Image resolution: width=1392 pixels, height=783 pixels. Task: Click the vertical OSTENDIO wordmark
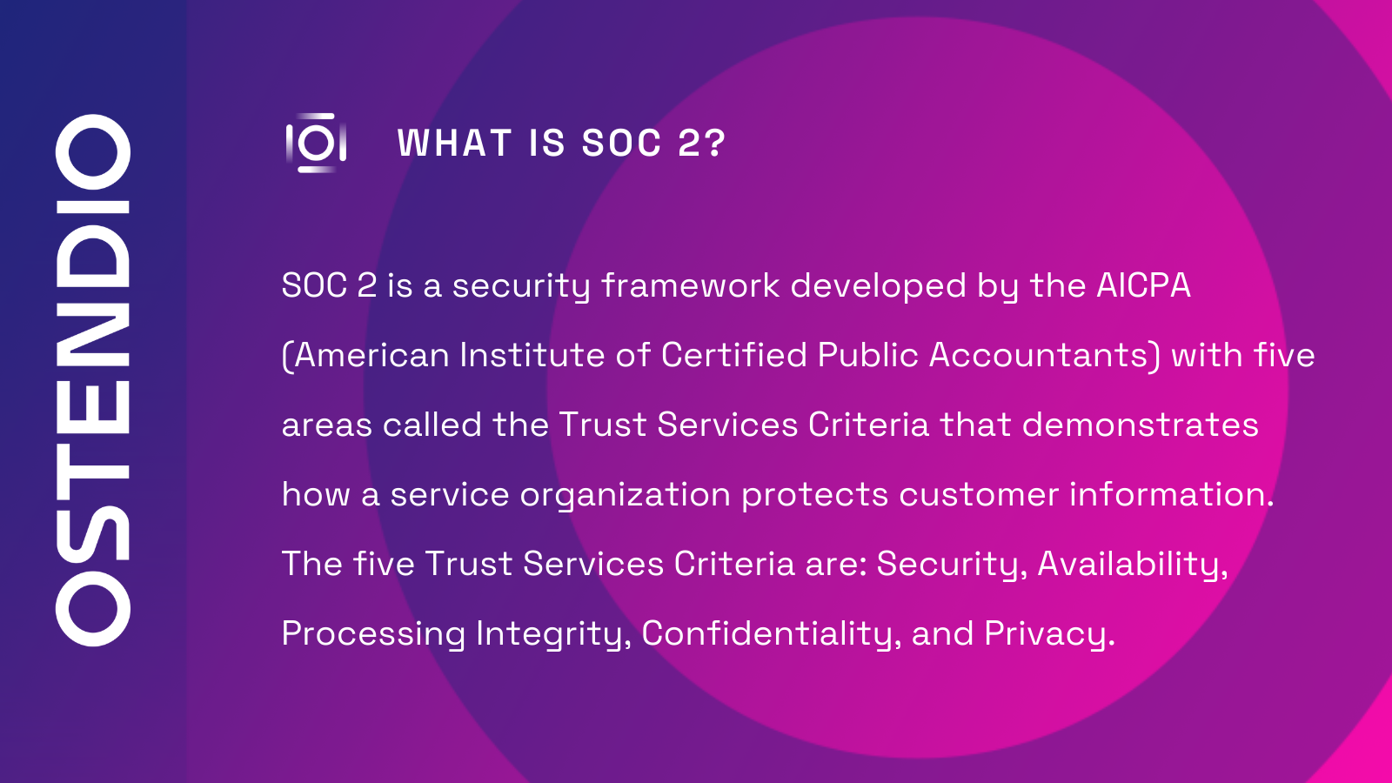[93, 380]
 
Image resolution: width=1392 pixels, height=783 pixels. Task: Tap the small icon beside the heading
[316, 143]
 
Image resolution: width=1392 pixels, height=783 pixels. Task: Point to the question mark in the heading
[715, 144]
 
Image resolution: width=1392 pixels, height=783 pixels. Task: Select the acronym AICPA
[1143, 286]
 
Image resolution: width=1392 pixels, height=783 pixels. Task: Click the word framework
[690, 286]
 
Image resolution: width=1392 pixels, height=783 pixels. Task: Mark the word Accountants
[1040, 356]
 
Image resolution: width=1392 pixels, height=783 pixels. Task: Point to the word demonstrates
[1140, 425]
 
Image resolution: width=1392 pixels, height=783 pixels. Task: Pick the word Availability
[1131, 565]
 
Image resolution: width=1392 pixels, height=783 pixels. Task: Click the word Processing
[373, 634]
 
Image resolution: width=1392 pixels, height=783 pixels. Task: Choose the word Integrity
[552, 634]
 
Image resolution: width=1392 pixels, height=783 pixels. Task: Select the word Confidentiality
[770, 634]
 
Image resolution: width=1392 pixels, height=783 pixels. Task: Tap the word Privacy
[1047, 634]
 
